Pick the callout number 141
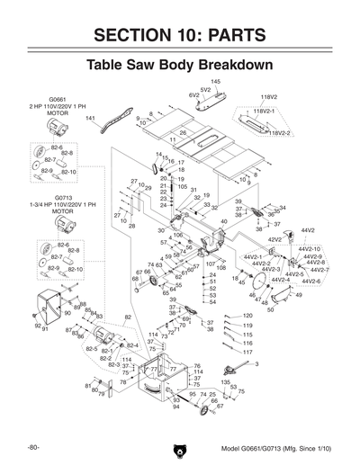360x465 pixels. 90,118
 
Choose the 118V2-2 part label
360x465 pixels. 280,132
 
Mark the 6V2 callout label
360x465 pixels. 193,94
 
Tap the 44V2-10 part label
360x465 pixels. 310,249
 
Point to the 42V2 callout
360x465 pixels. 273,240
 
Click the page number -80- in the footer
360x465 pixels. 31,447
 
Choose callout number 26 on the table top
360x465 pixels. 183,133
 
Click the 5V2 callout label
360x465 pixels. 205,89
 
